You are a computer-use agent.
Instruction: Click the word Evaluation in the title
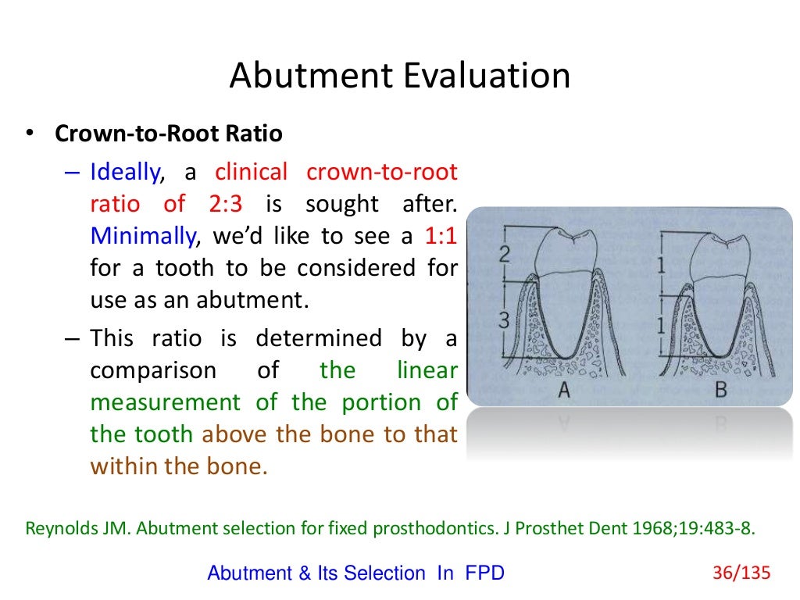(x=484, y=77)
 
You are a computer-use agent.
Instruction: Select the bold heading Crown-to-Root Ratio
(x=168, y=134)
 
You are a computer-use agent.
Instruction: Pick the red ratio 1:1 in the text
(x=441, y=236)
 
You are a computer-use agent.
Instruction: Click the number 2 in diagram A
(x=505, y=253)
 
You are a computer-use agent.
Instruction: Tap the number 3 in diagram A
(x=504, y=319)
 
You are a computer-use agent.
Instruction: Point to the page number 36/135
(x=741, y=573)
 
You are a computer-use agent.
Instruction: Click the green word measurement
(x=165, y=402)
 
